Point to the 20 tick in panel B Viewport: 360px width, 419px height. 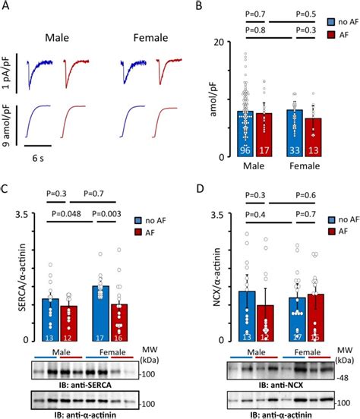219,42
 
